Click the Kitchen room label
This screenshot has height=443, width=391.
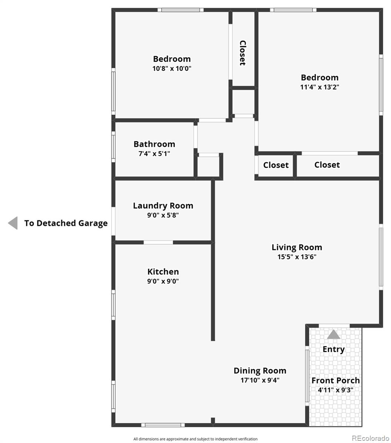pyautogui.click(x=163, y=272)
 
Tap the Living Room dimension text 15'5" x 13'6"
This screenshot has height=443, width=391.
pyautogui.click(x=297, y=257)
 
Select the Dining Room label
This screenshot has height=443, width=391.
pyautogui.click(x=260, y=371)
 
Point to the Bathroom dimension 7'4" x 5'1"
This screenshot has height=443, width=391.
pyautogui.click(x=154, y=154)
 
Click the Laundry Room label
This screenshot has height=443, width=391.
pyautogui.click(x=163, y=206)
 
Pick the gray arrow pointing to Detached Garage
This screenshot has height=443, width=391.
pyautogui.click(x=13, y=223)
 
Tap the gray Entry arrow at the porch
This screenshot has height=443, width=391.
pyautogui.click(x=334, y=334)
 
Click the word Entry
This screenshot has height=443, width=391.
pyautogui.click(x=334, y=349)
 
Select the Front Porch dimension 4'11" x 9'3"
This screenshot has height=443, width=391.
pyautogui.click(x=336, y=390)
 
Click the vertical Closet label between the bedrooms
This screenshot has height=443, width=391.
pyautogui.click(x=243, y=53)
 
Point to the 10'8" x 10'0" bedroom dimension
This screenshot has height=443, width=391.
pyautogui.click(x=172, y=68)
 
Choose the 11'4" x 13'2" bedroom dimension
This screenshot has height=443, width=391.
pyautogui.click(x=320, y=87)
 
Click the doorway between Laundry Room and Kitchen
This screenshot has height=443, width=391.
pyautogui.click(x=158, y=242)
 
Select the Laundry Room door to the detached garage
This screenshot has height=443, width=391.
pyautogui.click(x=113, y=221)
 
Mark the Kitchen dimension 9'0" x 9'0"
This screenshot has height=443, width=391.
pyautogui.click(x=163, y=281)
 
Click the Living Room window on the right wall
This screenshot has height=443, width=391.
pyautogui.click(x=381, y=257)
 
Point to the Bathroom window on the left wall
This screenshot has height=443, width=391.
pyautogui.click(x=113, y=147)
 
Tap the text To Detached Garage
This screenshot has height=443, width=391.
pyautogui.click(x=66, y=223)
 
